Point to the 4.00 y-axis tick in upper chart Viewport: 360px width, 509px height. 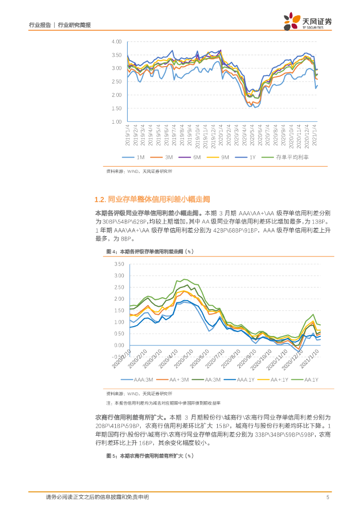click(x=117, y=41)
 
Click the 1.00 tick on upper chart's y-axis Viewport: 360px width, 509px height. click(x=117, y=121)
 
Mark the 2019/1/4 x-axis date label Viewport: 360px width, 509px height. click(x=128, y=136)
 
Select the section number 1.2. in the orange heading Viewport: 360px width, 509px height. click(x=100, y=200)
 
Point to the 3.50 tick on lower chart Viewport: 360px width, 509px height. click(x=119, y=264)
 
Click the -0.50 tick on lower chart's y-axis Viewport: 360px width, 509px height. click(x=118, y=357)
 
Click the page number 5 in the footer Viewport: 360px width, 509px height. click(x=327, y=497)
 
